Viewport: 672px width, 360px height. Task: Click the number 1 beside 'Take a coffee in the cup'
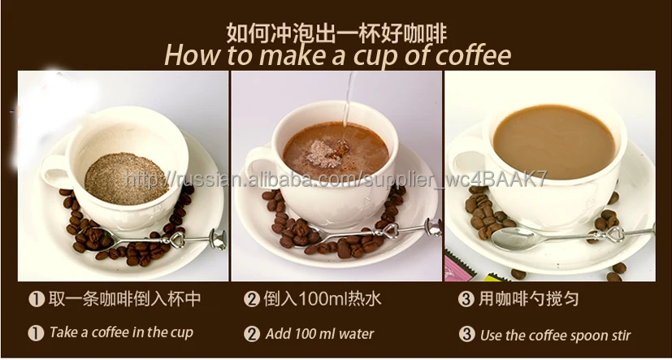[36, 332]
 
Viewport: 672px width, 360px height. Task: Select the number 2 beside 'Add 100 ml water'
[252, 332]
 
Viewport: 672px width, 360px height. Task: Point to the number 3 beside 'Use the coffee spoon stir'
[466, 333]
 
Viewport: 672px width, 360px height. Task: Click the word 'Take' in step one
[63, 332]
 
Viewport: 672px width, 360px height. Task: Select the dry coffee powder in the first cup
[127, 176]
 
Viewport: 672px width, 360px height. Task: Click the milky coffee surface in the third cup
[554, 140]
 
